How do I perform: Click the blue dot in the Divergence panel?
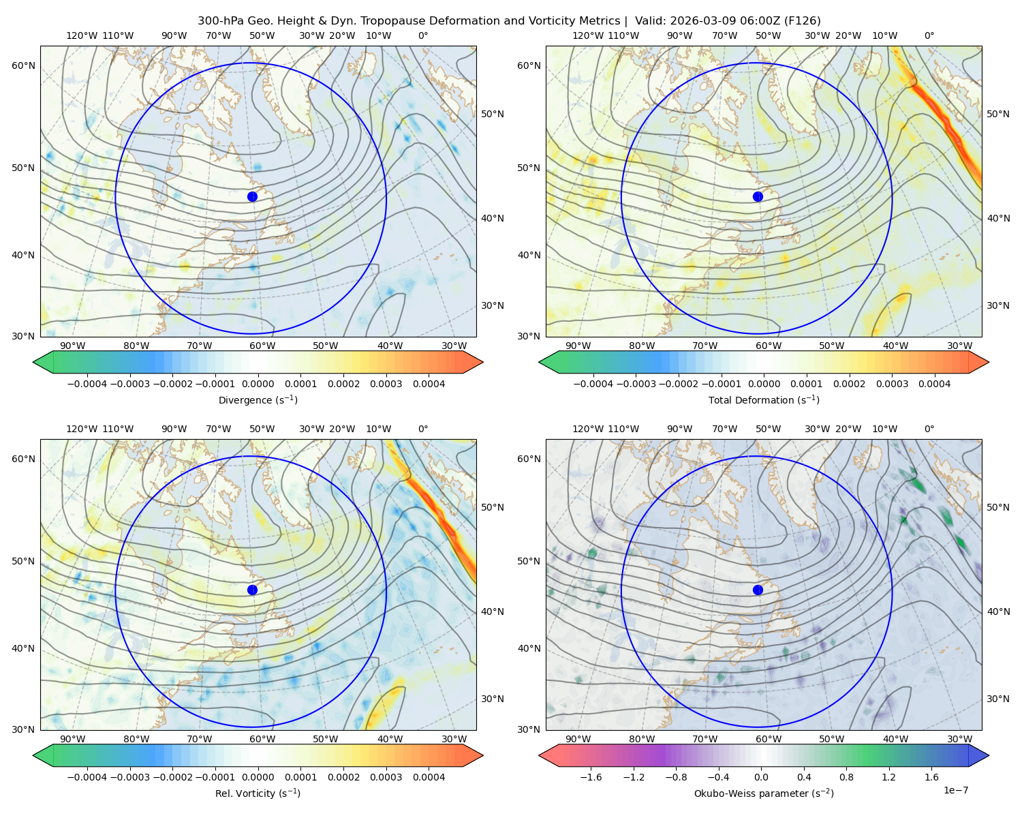pos(252,196)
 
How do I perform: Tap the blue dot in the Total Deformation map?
pos(758,196)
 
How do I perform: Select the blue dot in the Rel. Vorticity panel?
pos(252,590)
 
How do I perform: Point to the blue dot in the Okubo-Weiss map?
pos(758,590)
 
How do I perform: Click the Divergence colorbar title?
pos(258,399)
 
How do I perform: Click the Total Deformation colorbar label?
pos(764,399)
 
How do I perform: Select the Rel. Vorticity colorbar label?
pos(258,793)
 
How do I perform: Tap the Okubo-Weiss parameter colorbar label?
pos(764,793)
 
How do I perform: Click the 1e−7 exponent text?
pos(955,790)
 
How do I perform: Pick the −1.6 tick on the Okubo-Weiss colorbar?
pos(591,776)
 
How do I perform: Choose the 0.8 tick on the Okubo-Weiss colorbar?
pos(846,776)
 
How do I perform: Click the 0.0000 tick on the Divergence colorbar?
pos(258,384)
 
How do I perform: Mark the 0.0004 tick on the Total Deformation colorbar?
pos(934,384)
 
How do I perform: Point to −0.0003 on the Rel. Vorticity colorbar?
pos(129,776)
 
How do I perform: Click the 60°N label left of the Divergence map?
pos(23,65)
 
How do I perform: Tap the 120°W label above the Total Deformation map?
pos(587,35)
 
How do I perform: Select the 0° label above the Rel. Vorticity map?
pos(423,429)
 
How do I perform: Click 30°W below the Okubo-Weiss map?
pos(959,739)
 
